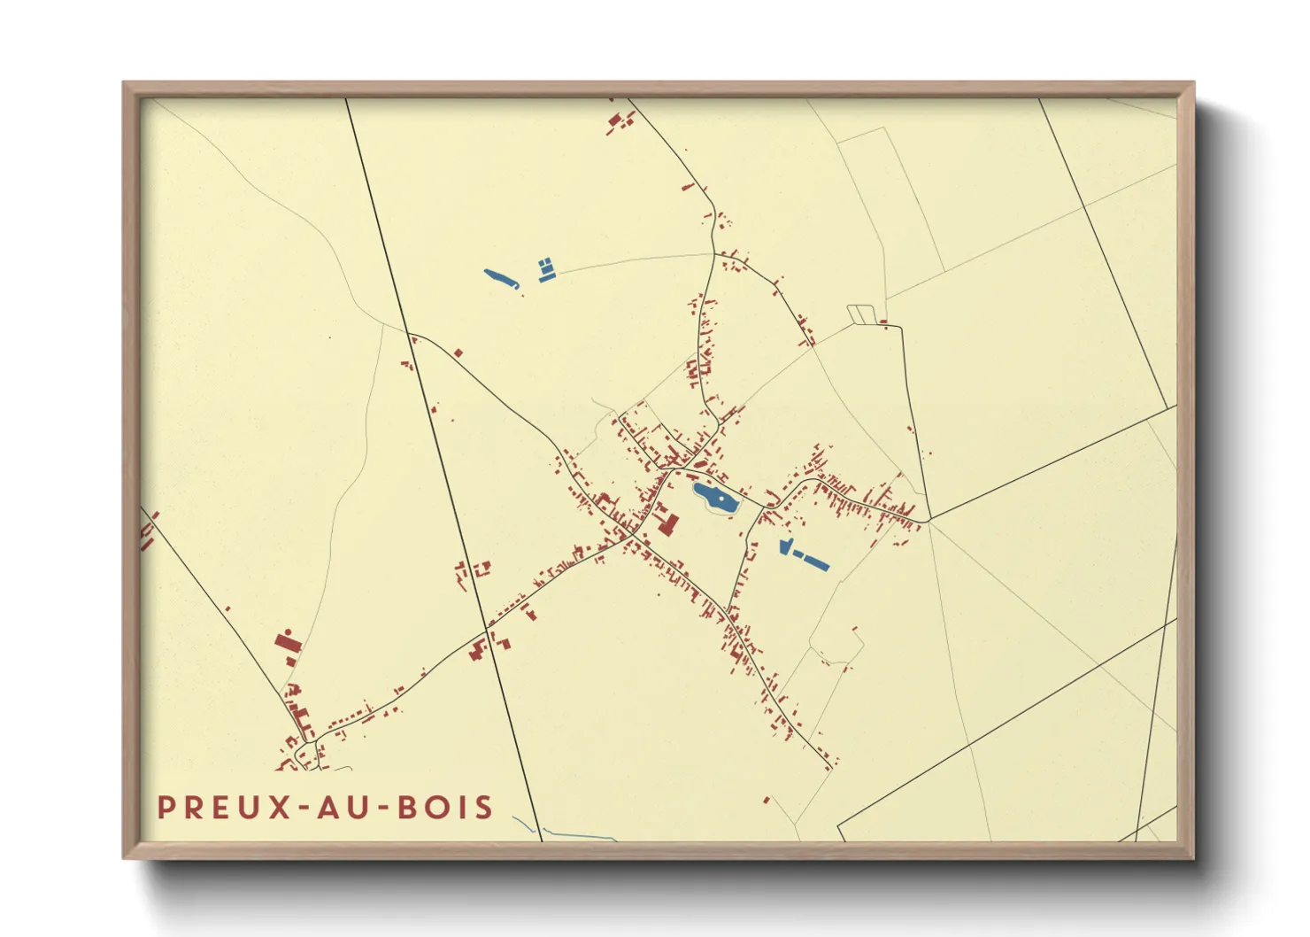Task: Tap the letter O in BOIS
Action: tap(434, 808)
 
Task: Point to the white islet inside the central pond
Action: tap(722, 501)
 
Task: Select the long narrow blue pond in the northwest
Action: tap(501, 279)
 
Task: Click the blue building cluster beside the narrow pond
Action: tap(546, 269)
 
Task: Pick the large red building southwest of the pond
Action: tap(667, 525)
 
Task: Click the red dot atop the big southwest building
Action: tap(289, 630)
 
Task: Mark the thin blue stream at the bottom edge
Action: tap(575, 834)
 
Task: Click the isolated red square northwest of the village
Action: tap(458, 352)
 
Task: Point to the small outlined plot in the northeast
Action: tap(860, 314)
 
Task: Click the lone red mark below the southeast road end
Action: tap(767, 801)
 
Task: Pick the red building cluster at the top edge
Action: tap(620, 121)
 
